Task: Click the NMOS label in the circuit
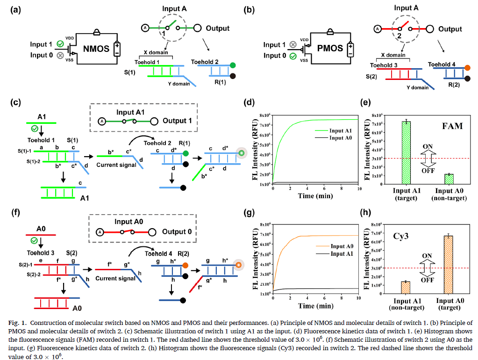click(x=96, y=48)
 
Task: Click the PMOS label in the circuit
click(x=330, y=48)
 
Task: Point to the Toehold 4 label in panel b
click(x=442, y=65)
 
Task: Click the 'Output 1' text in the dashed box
click(x=177, y=121)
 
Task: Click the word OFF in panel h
click(x=427, y=281)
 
